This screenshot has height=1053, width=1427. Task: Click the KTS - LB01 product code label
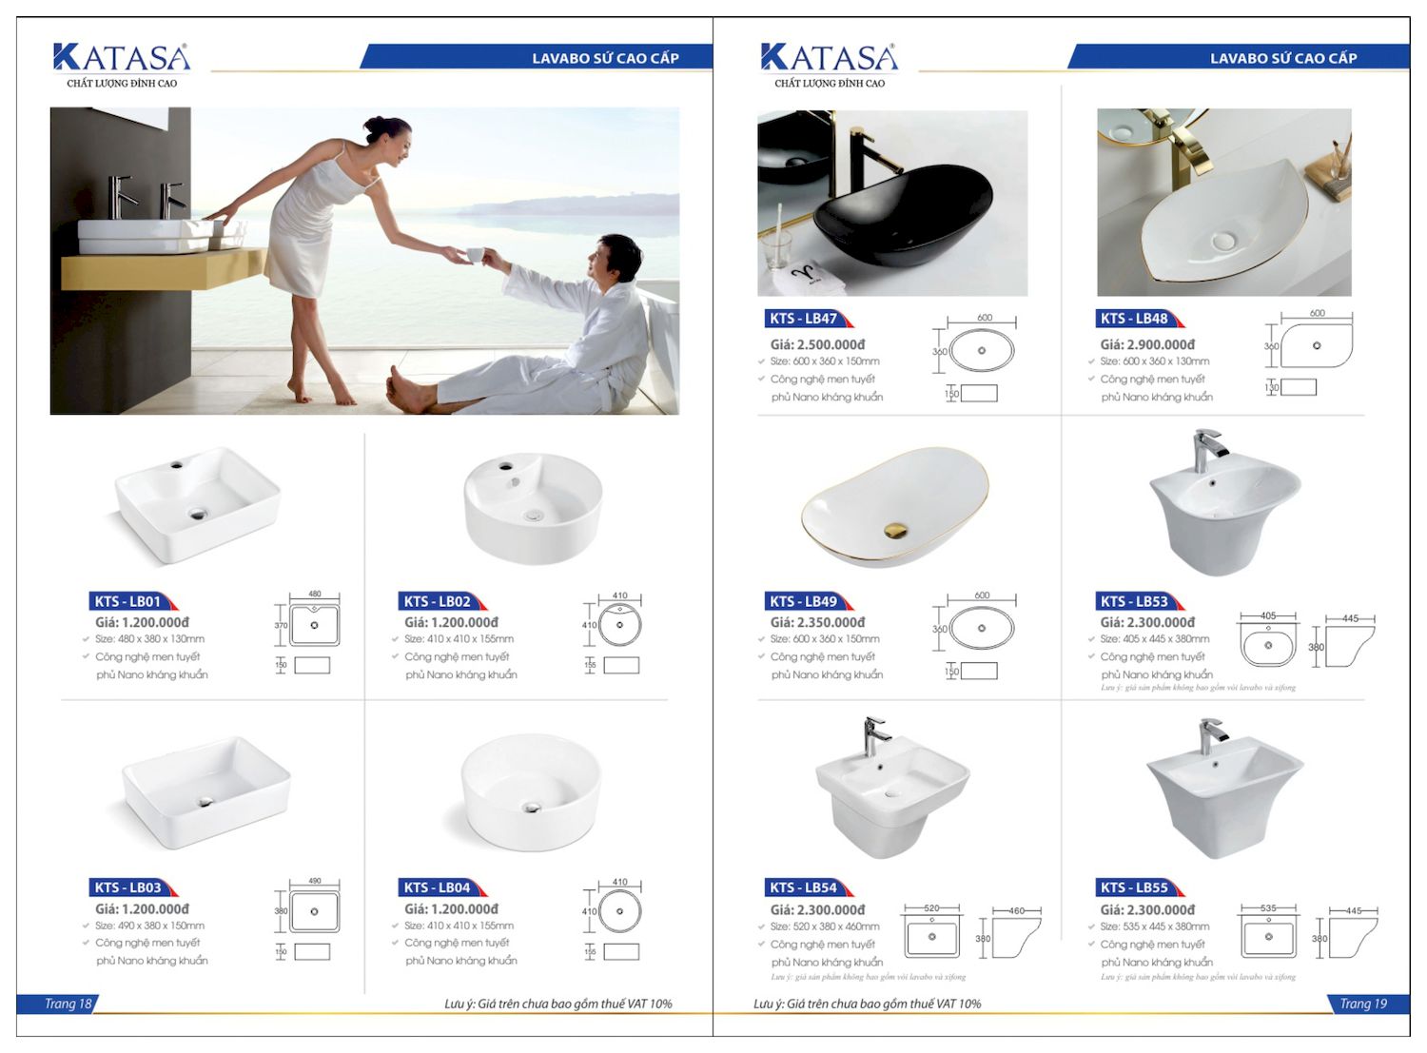(128, 601)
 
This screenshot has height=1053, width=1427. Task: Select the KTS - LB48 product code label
(1134, 319)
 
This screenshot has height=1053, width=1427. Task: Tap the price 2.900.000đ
(1147, 344)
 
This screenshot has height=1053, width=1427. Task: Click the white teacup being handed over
(475, 254)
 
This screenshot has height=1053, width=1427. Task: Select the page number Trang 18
(68, 1004)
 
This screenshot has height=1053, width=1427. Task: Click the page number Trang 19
(1362, 1004)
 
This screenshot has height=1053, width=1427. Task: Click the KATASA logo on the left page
(122, 59)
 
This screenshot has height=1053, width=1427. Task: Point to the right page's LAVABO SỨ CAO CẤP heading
(1282, 58)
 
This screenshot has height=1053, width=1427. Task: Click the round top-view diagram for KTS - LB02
(620, 626)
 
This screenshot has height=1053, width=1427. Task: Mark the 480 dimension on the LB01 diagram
(315, 595)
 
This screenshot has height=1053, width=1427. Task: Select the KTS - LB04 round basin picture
(531, 791)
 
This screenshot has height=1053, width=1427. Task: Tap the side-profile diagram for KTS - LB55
(1354, 937)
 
